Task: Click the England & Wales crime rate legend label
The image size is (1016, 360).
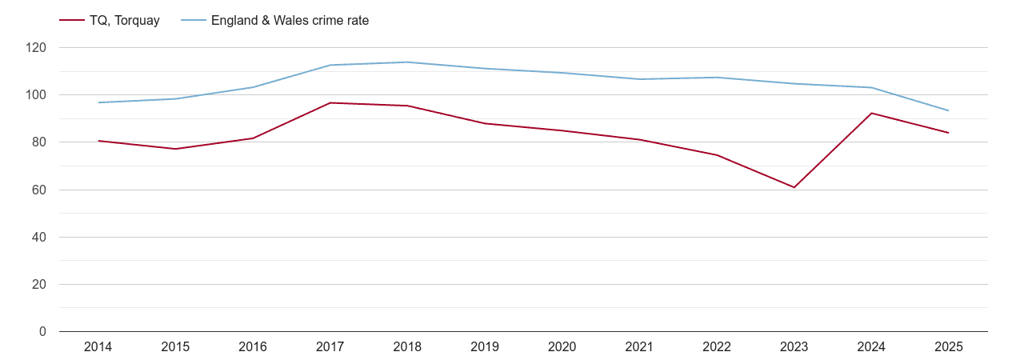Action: [x=290, y=21]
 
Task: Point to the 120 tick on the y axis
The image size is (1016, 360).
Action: [x=36, y=48]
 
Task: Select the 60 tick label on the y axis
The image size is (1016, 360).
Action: [x=39, y=190]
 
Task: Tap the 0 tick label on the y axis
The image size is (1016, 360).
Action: [x=42, y=332]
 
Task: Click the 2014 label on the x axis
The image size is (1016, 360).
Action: [x=98, y=347]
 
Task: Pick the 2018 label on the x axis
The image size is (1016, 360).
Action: [x=407, y=347]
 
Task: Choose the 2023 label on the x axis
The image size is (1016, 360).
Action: [x=794, y=347]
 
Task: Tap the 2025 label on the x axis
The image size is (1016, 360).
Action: [x=948, y=347]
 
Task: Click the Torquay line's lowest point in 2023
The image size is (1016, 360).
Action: [x=794, y=187]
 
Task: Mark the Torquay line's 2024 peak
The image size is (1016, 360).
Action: [x=871, y=113]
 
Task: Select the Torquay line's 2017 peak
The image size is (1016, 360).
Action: [x=330, y=102]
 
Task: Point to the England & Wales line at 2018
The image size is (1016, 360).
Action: [x=407, y=62]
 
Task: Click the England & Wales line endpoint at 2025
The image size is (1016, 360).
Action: [x=948, y=110]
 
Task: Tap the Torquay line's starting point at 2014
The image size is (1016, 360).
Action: [x=98, y=141]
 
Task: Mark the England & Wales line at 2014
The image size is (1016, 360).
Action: [x=98, y=102]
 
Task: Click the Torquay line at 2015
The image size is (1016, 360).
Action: [x=175, y=149]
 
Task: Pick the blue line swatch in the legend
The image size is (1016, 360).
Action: [x=193, y=21]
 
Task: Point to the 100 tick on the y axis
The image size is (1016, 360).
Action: [x=36, y=95]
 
